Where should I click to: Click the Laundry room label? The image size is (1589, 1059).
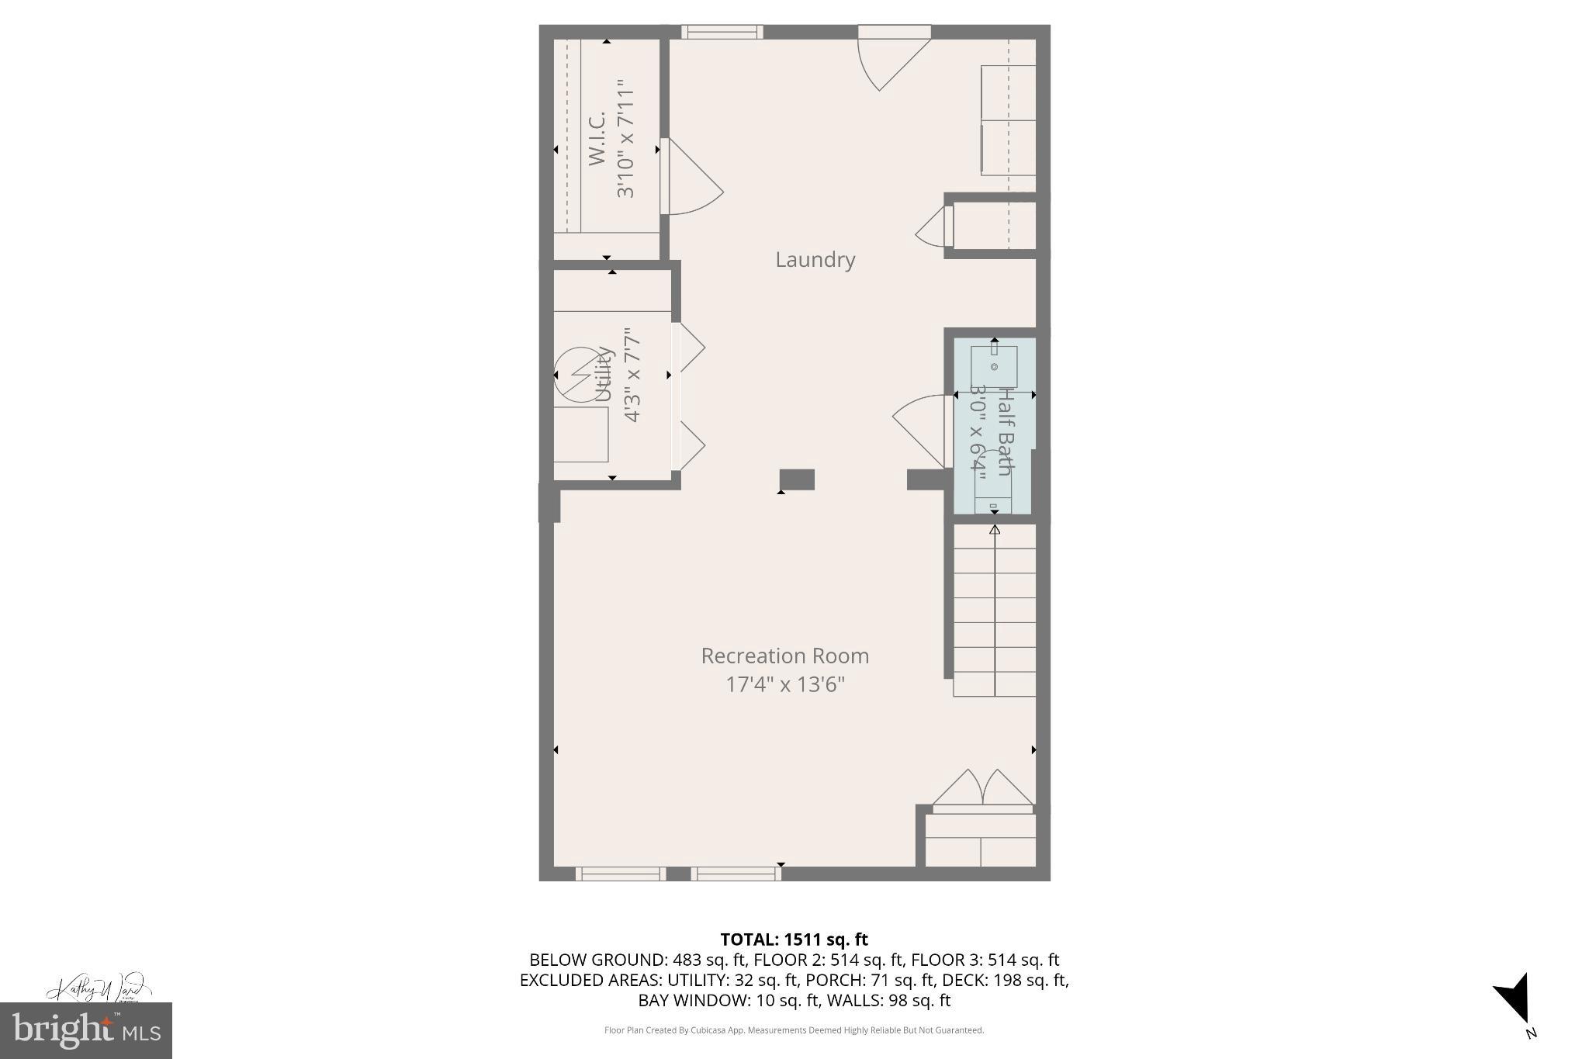click(815, 260)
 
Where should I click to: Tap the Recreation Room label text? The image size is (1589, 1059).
click(784, 656)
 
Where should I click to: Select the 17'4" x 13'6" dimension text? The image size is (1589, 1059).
click(784, 684)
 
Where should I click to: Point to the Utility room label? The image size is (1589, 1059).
click(604, 375)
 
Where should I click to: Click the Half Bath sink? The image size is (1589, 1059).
click(994, 366)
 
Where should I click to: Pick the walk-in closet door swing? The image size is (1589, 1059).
click(693, 178)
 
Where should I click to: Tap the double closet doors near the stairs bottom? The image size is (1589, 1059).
click(982, 790)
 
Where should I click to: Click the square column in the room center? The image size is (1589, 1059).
click(797, 479)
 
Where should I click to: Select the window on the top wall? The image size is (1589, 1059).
click(722, 32)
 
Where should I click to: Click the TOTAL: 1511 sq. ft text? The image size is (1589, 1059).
click(794, 940)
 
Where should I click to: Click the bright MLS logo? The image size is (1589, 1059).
click(86, 1030)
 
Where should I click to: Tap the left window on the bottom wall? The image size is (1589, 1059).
click(620, 874)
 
